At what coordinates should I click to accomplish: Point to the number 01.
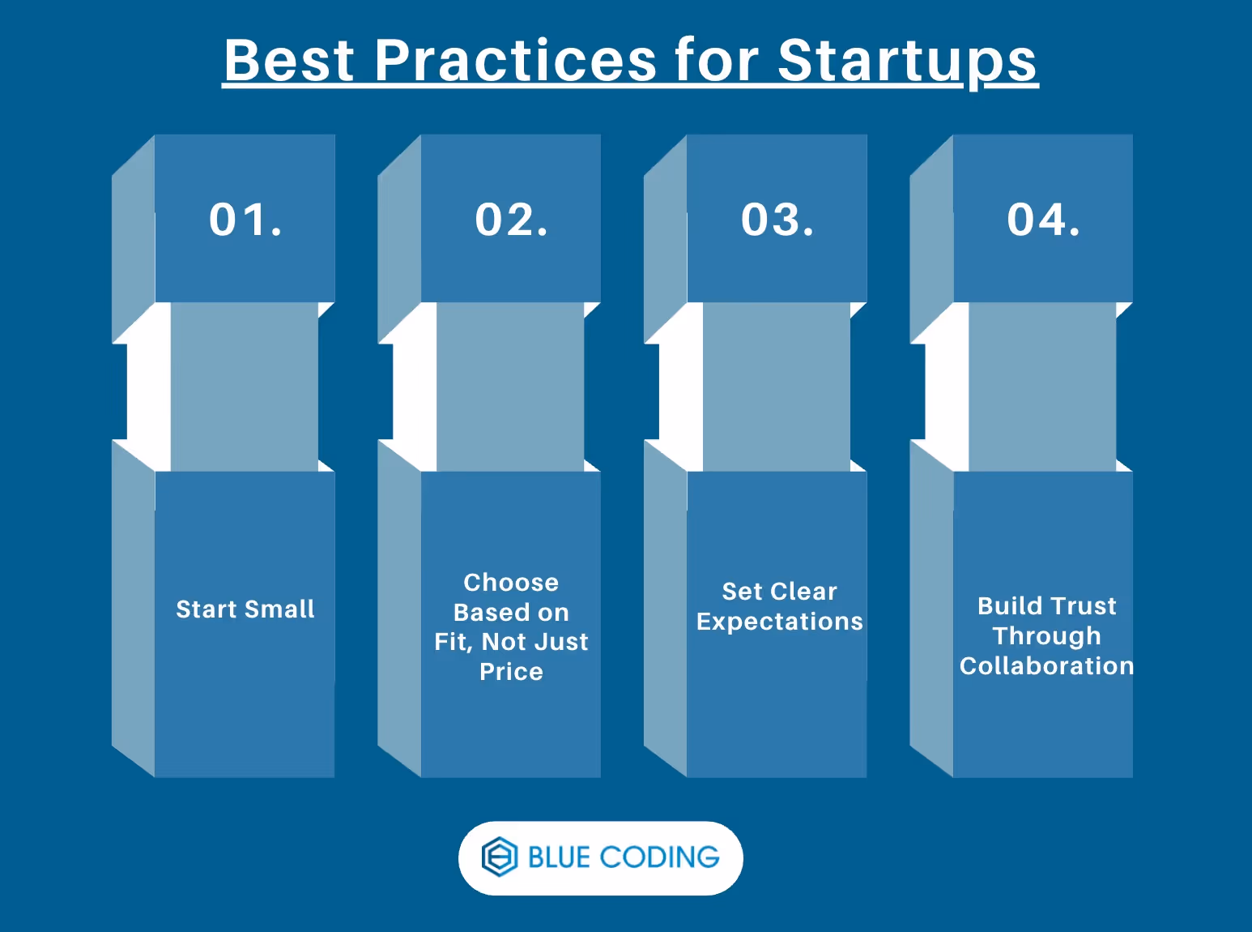coord(245,220)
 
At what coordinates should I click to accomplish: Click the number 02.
coord(511,220)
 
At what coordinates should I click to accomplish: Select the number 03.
coord(777,220)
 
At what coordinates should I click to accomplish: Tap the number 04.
coord(1043,220)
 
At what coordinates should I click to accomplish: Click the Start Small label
coord(245,609)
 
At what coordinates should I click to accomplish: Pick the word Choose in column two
coord(511,583)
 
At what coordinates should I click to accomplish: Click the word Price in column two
coord(511,672)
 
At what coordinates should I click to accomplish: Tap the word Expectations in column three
coord(779,622)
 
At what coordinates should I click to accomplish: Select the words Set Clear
coord(779,592)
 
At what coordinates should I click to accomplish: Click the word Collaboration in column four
coord(1046,666)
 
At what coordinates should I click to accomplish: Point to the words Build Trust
coord(1046,606)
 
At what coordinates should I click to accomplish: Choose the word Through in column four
coord(1046,636)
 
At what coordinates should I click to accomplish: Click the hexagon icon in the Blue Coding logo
coord(499,857)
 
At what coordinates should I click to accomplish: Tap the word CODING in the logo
coord(659,857)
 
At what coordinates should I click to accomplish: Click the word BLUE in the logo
coord(559,857)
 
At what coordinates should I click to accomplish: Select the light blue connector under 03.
coord(776,387)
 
